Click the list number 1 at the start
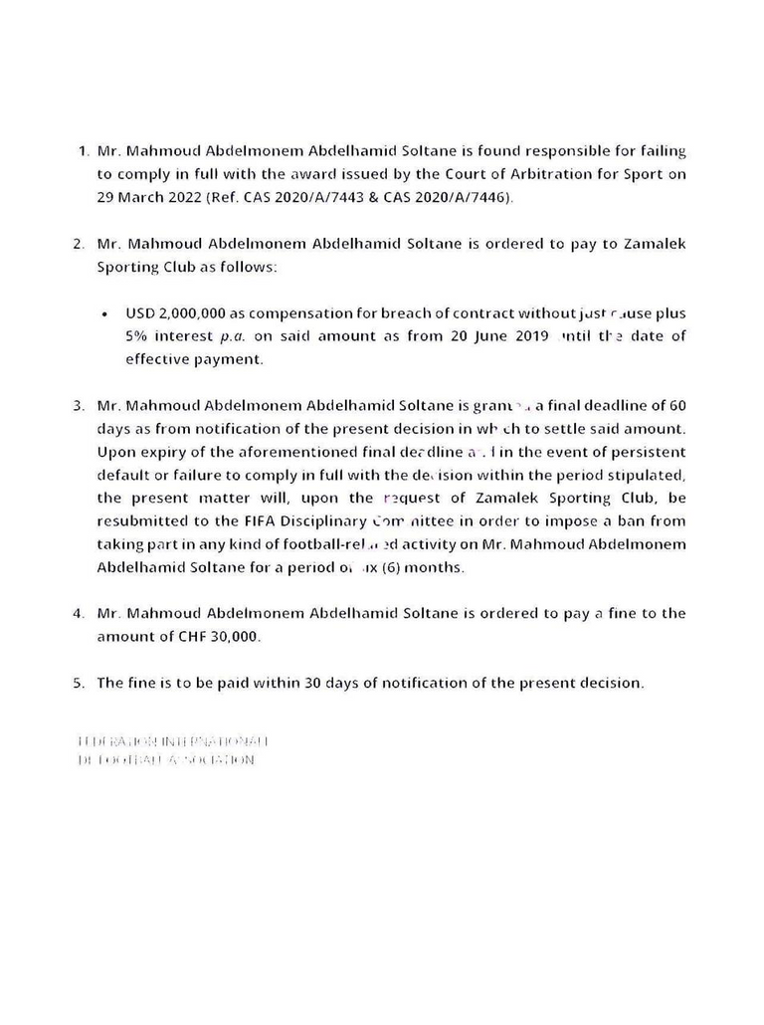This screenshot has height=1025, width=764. click(82, 151)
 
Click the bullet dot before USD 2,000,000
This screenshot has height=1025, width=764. click(105, 314)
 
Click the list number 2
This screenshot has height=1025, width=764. click(79, 244)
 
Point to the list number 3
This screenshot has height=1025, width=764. click(79, 406)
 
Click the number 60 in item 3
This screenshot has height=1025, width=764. click(676, 405)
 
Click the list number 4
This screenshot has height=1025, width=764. click(79, 614)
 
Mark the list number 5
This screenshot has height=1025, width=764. click(79, 684)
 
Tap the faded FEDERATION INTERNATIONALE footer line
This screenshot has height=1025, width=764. click(173, 741)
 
